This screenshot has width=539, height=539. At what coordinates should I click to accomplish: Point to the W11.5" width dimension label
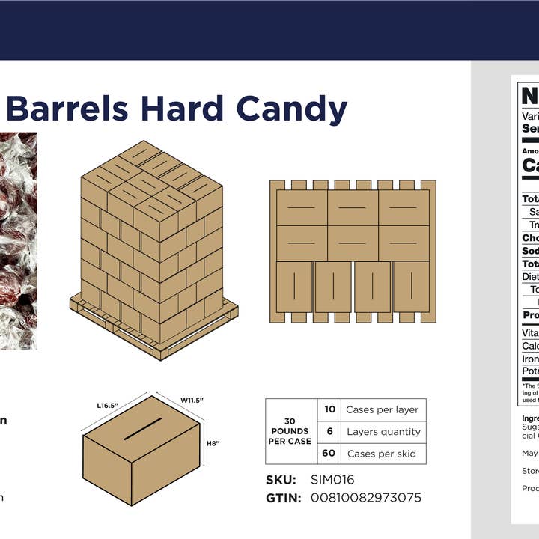192,400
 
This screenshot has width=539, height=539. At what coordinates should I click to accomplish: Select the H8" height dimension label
213,443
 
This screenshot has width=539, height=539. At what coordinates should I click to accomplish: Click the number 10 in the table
330,409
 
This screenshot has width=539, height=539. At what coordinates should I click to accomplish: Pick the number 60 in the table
329,454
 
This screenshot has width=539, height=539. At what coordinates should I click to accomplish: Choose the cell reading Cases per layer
382,409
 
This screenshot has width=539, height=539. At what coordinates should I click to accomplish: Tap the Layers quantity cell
383,432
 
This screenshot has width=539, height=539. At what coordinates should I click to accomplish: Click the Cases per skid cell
382,454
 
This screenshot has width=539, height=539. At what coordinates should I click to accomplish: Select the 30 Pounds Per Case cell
290,431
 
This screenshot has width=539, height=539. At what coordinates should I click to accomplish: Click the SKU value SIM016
332,480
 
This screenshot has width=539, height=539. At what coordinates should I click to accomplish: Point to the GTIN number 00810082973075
365,498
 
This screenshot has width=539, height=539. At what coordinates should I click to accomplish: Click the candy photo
18,240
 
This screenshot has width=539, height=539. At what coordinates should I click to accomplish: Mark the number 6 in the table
330,432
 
